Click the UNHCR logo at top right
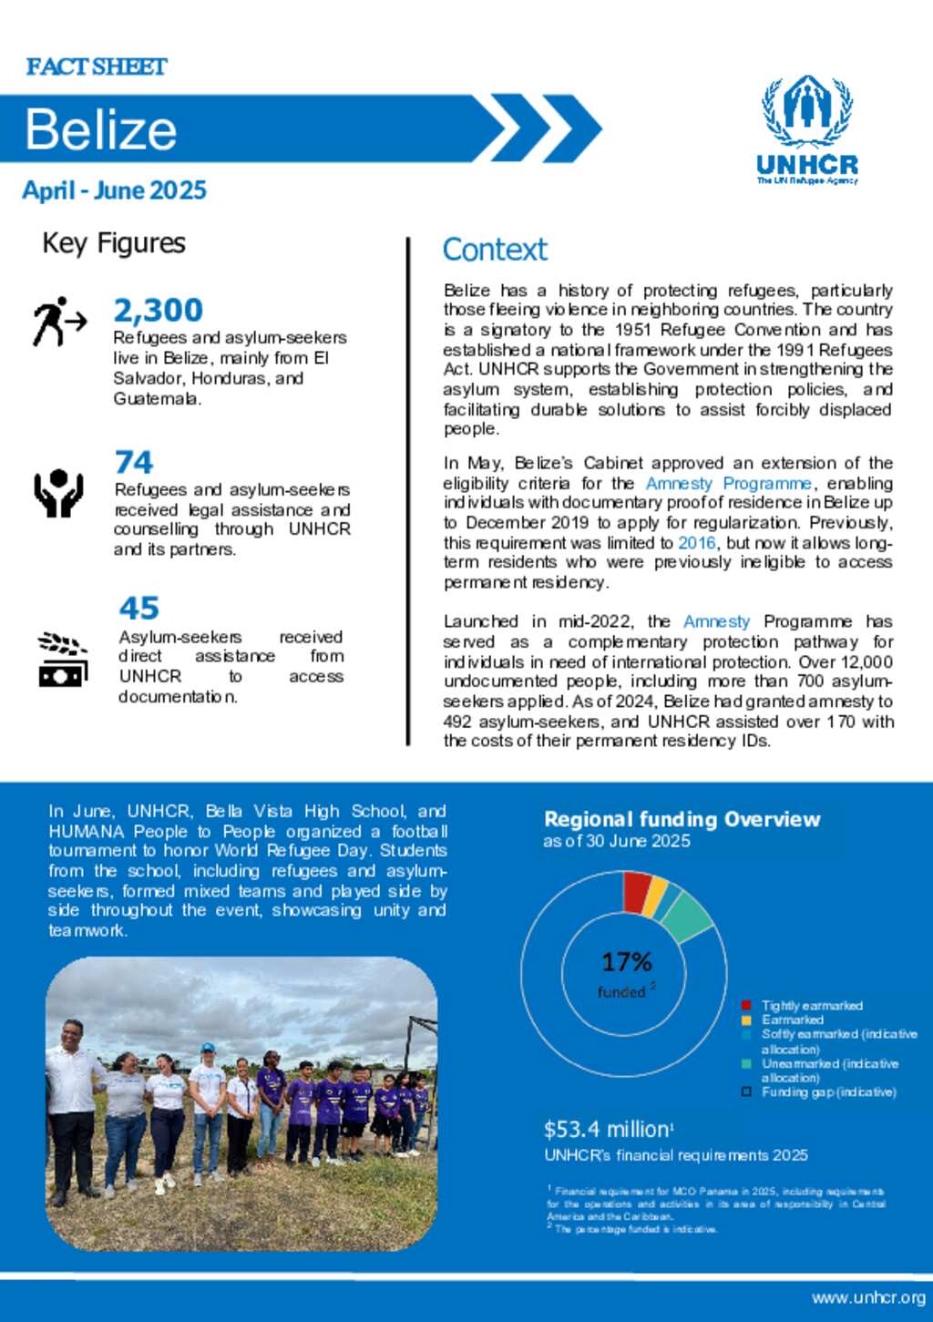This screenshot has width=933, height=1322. pos(807,130)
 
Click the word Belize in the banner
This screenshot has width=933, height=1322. pos(100,129)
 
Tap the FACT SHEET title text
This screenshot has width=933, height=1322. pos(97,67)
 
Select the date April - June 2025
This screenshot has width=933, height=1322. pos(115,190)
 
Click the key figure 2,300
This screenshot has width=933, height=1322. pos(158,311)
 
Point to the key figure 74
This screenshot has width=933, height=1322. pos(134,463)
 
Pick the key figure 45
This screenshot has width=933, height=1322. pos(138,608)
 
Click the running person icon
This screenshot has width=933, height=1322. pos(59,322)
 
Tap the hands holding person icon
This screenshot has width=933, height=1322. pos(59,493)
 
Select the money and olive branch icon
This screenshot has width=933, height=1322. pos(63,659)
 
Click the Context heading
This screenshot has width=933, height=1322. pos(495,250)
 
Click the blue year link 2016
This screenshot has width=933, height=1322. pos(697,543)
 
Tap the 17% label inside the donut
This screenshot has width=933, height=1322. pos(627,962)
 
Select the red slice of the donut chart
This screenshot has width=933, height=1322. pos(636,891)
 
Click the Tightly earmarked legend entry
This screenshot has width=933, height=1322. pos(811,1006)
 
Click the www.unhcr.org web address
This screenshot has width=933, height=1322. pos(868,1297)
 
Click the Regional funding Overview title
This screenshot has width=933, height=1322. pos(682,819)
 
